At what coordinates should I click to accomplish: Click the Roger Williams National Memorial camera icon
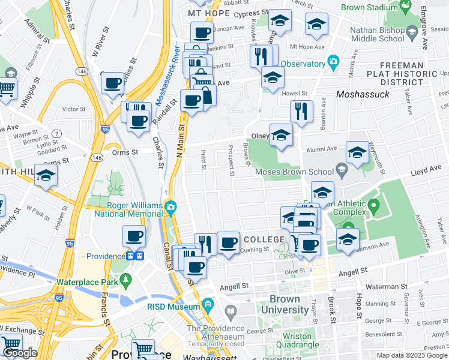(172, 208)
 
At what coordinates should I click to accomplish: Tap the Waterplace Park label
(86, 282)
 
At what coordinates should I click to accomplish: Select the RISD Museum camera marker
(208, 304)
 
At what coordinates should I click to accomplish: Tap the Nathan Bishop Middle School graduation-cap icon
(411, 31)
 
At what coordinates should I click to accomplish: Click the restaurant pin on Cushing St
(205, 243)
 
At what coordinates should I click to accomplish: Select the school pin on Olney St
(280, 135)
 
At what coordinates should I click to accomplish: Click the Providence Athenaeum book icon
(231, 312)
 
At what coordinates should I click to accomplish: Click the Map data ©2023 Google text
(410, 355)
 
